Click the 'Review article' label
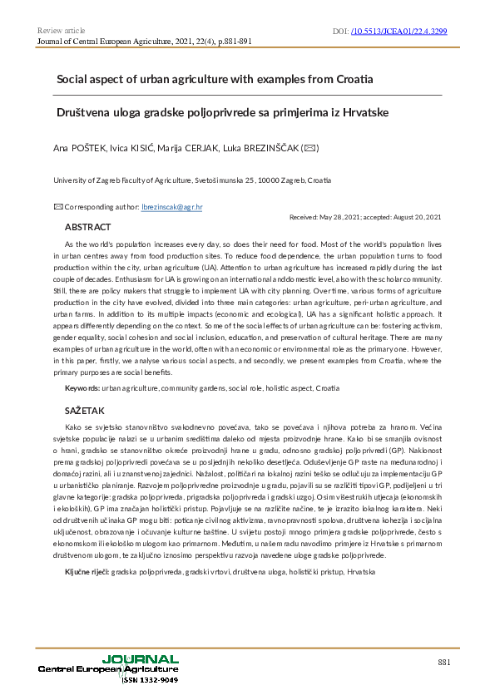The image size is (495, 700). point(62,31)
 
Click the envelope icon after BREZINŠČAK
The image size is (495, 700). point(309,149)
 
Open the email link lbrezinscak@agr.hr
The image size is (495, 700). point(173,206)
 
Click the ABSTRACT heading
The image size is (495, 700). point(87,226)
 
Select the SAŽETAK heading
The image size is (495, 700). point(85,412)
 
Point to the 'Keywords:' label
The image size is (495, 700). point(82,388)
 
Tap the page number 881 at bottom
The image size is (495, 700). point(444,662)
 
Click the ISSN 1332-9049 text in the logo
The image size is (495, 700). point(151,680)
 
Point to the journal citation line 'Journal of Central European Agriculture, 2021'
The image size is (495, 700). point(133,40)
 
